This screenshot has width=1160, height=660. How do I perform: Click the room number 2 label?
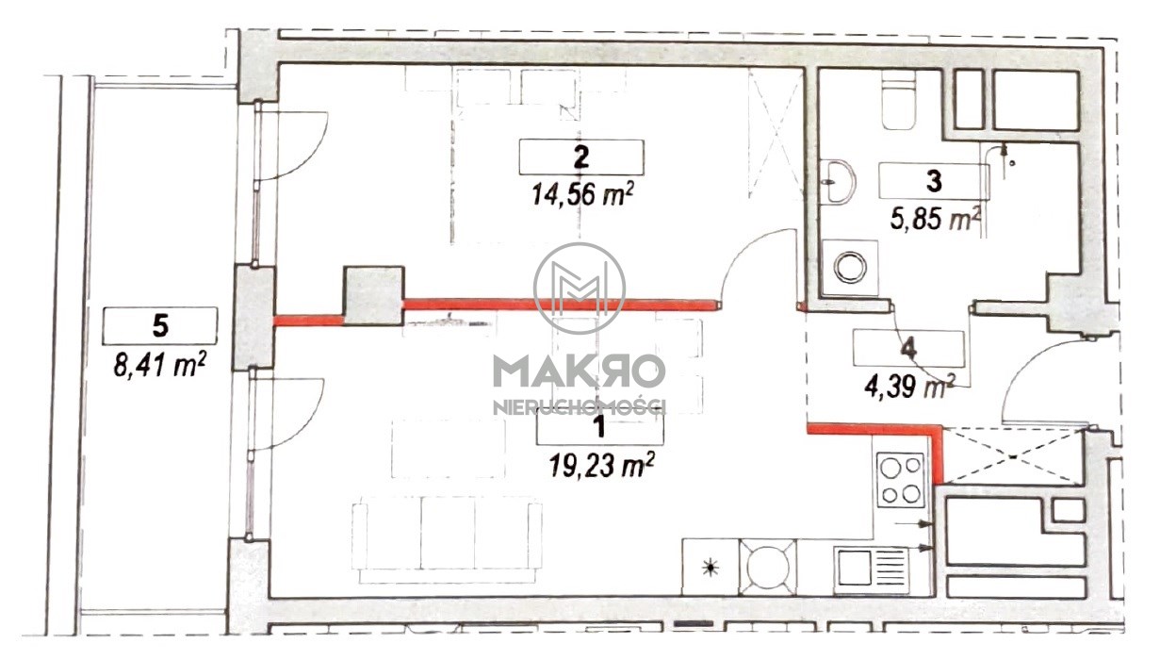pyautogui.click(x=581, y=157)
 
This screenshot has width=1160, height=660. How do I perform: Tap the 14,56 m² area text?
pyautogui.click(x=582, y=194)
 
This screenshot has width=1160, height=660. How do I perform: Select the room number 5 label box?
pyautogui.click(x=160, y=326)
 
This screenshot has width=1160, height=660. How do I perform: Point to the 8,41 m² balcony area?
pyautogui.click(x=160, y=365)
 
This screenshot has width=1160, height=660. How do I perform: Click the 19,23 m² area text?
pyautogui.click(x=599, y=464)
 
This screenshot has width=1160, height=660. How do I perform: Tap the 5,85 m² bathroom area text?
pyautogui.click(x=936, y=219)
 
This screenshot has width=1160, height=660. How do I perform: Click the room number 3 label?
pyautogui.click(x=933, y=181)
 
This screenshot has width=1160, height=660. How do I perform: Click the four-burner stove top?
pyautogui.click(x=901, y=480)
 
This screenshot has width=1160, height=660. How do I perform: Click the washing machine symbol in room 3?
pyautogui.click(x=849, y=268)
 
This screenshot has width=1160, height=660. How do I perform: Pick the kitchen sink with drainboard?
pyautogui.click(x=871, y=569)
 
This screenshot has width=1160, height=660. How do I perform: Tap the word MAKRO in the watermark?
pyautogui.click(x=579, y=371)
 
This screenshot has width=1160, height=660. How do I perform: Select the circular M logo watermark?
pyautogui.click(x=580, y=288)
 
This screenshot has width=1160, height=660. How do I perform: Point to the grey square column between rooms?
pyautogui.click(x=374, y=296)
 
